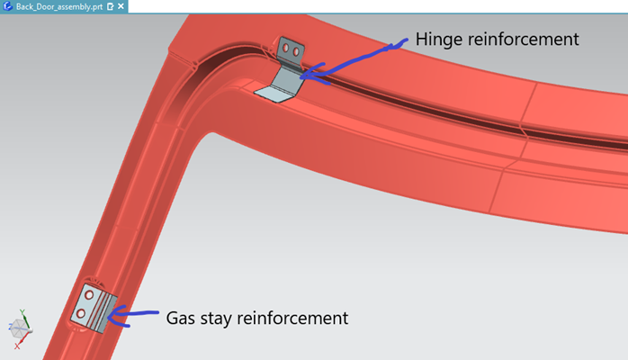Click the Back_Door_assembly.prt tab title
coord(59,5)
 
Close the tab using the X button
coord(121,6)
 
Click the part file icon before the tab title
coord(8,6)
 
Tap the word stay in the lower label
coord(221,318)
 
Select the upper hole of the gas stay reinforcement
coord(89,294)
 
